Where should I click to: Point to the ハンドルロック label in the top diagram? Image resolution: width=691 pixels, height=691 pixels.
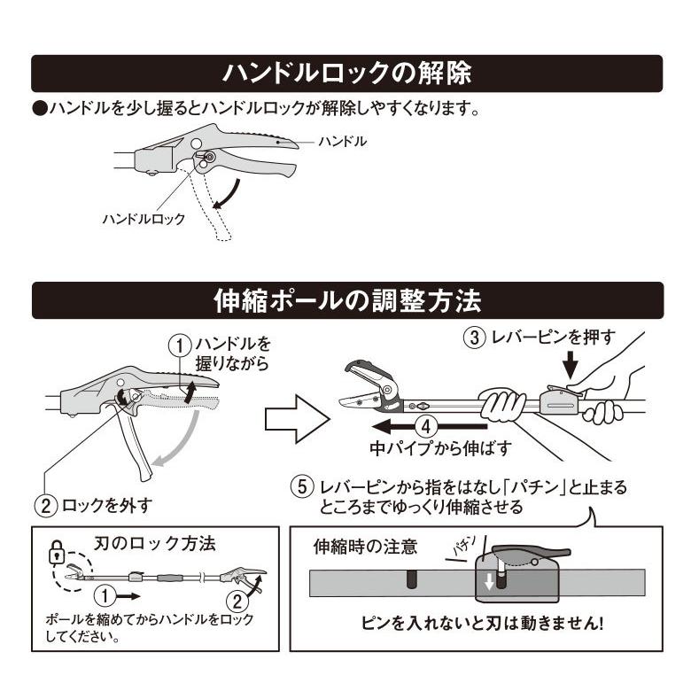coord(144,219)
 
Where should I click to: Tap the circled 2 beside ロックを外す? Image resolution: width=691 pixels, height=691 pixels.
coord(46,506)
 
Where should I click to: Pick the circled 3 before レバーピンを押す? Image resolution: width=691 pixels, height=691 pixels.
coord(474,337)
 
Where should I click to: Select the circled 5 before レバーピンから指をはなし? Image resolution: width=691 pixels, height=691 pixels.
coord(302,488)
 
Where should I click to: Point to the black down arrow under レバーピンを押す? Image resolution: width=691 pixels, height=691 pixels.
coord(570,364)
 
